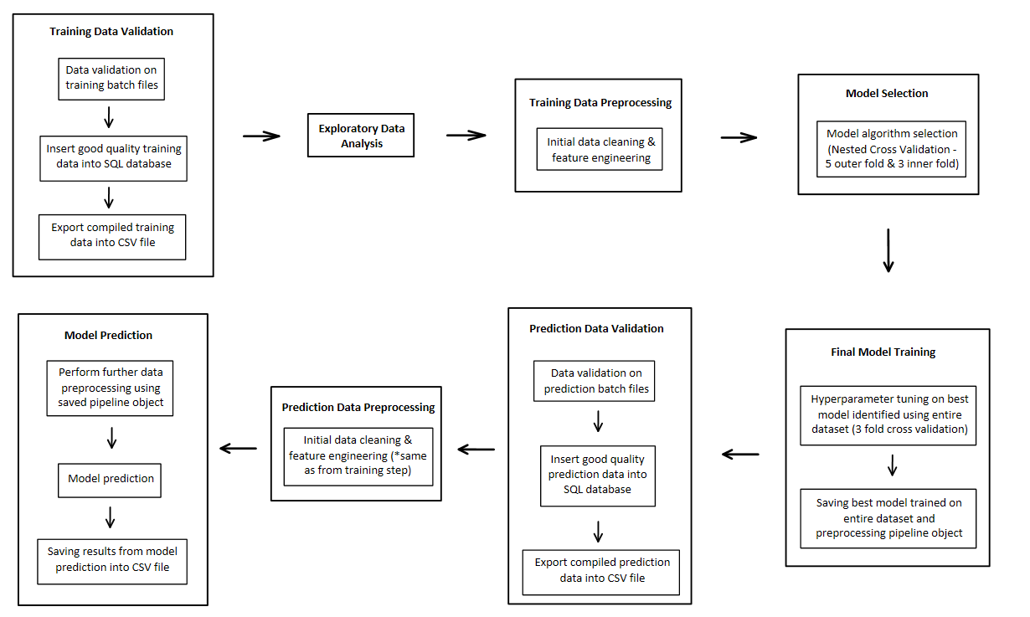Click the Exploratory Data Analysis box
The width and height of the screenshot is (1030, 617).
(x=361, y=136)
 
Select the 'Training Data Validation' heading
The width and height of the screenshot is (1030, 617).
(x=111, y=32)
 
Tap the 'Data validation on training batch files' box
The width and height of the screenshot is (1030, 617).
(x=111, y=78)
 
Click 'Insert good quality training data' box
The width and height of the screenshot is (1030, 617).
(x=113, y=157)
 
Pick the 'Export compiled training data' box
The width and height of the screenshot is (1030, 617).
(x=111, y=235)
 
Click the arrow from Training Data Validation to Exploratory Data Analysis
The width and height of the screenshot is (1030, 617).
(x=261, y=136)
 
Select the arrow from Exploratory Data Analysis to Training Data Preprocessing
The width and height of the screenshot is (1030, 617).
(x=466, y=135)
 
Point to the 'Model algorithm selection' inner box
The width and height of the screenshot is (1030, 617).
(x=892, y=148)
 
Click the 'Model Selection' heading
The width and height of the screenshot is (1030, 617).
(x=887, y=93)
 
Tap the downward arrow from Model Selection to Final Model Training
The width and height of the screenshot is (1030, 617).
(x=888, y=250)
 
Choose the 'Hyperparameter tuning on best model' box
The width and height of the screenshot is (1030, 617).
(x=888, y=414)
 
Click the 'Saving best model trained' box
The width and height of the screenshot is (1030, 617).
(x=888, y=517)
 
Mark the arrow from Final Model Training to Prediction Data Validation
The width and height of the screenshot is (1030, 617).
(x=740, y=454)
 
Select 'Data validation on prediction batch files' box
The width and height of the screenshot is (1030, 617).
(x=595, y=381)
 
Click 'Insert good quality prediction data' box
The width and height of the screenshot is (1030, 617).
(x=597, y=474)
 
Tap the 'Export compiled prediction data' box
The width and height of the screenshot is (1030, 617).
(x=601, y=569)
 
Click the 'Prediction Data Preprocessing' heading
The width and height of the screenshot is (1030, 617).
(x=358, y=408)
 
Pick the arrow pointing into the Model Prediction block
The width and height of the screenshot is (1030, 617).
(x=239, y=448)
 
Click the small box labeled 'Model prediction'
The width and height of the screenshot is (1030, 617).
(x=111, y=479)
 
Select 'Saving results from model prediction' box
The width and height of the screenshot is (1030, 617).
(x=112, y=559)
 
